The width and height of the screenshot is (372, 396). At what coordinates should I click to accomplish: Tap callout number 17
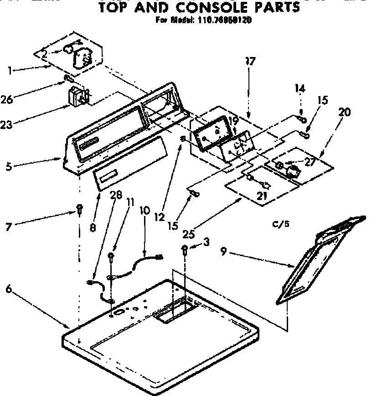tap(250, 62)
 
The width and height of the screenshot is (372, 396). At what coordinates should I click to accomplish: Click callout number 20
tap(345, 112)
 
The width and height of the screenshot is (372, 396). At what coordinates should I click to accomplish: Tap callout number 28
tap(116, 196)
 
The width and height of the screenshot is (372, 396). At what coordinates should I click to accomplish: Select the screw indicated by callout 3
tap(185, 248)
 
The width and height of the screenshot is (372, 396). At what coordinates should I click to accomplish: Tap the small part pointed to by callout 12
tap(182, 139)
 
